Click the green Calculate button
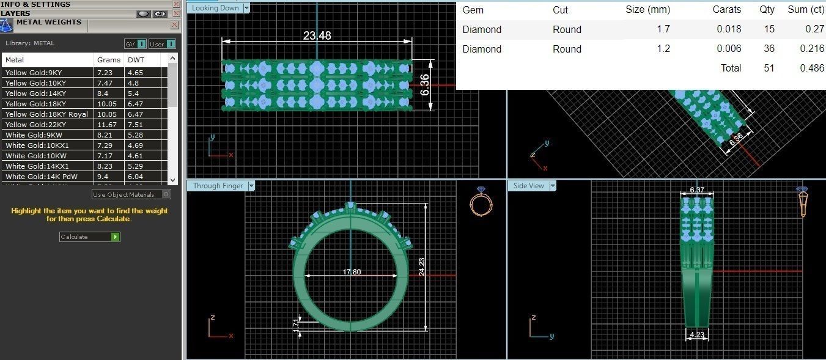click(x=115, y=237)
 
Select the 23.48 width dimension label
click(x=317, y=35)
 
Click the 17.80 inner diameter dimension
click(x=352, y=272)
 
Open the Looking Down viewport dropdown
click(x=246, y=8)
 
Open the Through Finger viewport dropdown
click(x=251, y=186)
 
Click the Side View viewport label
click(x=528, y=186)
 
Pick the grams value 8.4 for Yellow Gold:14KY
click(x=102, y=94)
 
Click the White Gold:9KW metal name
click(x=31, y=135)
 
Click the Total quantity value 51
click(x=769, y=68)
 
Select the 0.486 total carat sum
click(x=811, y=68)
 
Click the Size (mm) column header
click(x=647, y=10)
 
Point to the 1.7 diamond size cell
click(x=663, y=29)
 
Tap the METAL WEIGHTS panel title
click(x=48, y=23)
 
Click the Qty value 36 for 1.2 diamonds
click(x=769, y=49)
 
